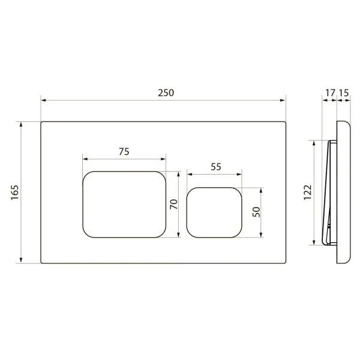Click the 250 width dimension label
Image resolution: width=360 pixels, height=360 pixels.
coord(166,92)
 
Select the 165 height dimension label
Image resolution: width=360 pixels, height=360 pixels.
coord(15,192)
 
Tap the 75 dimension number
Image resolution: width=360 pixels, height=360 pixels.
coord(124,152)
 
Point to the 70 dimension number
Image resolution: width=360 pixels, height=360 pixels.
coord(173,203)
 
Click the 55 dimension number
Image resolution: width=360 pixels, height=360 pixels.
coord(215,167)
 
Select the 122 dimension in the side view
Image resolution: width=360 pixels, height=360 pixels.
coord(307,192)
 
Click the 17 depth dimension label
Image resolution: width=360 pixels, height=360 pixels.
coord(329,92)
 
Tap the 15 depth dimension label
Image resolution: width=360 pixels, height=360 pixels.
coord(344,92)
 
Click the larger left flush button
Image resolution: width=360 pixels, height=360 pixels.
coord(124,203)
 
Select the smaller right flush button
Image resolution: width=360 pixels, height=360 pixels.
coord(215,212)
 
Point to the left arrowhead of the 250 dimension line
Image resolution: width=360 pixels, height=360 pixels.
coord(43,100)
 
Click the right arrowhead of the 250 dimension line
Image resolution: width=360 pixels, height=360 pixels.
coord(284,100)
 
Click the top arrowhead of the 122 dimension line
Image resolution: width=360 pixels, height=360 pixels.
coord(314,142)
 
